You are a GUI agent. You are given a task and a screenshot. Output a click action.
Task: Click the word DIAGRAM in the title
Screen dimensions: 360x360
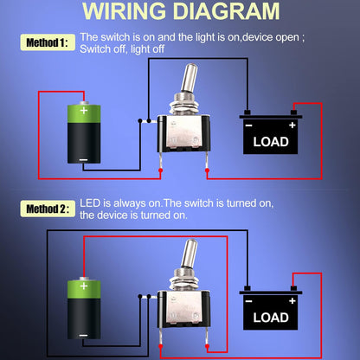pyautogui.click(x=226, y=11)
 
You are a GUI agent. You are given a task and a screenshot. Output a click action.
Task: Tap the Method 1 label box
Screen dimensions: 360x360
pyautogui.click(x=48, y=42)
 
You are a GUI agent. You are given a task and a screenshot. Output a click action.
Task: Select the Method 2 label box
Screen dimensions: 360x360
pyautogui.click(x=48, y=209)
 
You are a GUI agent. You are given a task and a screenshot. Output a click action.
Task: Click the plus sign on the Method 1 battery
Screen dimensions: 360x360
pyautogui.click(x=84, y=110)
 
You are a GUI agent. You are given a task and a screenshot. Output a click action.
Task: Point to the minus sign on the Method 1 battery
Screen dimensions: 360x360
pyautogui.click(x=83, y=159)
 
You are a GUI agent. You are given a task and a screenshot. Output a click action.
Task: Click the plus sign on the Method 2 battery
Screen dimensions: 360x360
pyautogui.click(x=84, y=286)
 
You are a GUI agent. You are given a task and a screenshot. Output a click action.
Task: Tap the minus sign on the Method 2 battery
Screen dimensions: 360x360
pyautogui.click(x=83, y=335)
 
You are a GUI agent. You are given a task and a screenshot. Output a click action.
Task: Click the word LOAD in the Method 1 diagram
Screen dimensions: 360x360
pyautogui.click(x=271, y=142)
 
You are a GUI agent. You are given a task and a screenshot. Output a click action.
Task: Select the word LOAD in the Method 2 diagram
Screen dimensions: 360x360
pyautogui.click(x=271, y=318)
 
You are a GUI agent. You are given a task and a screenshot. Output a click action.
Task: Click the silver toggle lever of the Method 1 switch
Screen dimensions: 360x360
pyautogui.click(x=190, y=78)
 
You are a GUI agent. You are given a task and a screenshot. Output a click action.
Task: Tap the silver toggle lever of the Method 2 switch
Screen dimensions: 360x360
pyautogui.click(x=190, y=254)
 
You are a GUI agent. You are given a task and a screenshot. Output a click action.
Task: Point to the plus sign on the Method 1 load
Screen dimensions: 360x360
pyautogui.click(x=292, y=125)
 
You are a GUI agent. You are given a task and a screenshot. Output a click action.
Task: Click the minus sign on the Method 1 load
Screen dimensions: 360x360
pyautogui.click(x=248, y=125)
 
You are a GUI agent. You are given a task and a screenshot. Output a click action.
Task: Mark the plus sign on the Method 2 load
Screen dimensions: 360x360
pyautogui.click(x=292, y=301)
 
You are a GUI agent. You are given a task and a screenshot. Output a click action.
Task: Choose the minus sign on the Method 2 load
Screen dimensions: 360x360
pyautogui.click(x=248, y=301)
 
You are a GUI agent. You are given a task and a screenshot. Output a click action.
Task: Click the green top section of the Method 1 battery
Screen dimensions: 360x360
pyautogui.click(x=84, y=113)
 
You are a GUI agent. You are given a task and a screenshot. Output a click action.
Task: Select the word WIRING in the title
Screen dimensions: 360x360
pyautogui.click(x=124, y=11)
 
